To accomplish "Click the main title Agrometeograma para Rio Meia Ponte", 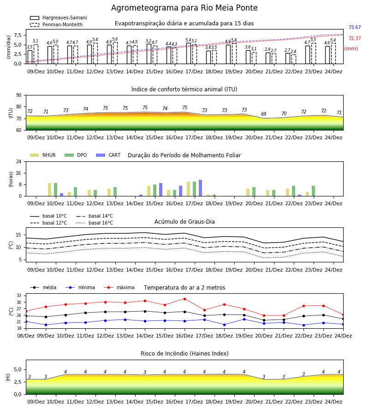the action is click(x=184, y=8).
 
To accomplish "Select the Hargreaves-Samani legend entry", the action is click(x=59, y=18).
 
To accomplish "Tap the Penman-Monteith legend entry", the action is click(x=56, y=24).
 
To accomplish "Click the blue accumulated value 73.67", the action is click(x=355, y=27).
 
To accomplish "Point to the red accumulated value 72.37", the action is click(x=355, y=38).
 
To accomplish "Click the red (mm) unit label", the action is click(x=351, y=49).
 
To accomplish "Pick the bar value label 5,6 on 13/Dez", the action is click(x=115, y=39).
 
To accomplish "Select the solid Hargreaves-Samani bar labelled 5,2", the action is click(x=149, y=54).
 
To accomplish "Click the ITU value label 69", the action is click(x=264, y=114).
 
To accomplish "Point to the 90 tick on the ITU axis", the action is click(x=19, y=95).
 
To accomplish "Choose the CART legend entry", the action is click(x=108, y=155).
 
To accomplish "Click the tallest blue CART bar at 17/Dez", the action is click(x=200, y=188).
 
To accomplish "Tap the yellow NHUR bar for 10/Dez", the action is click(x=49, y=190).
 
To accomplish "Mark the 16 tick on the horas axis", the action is click(x=19, y=173).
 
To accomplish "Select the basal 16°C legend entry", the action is click(x=95, y=223).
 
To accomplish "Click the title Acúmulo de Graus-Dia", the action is click(x=184, y=222).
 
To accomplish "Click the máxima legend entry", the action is click(x=119, y=287).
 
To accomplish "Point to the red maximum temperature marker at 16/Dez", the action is click(x=185, y=299).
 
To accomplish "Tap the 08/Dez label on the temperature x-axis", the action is click(x=26, y=336).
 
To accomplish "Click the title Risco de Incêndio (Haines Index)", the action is click(x=184, y=354).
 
